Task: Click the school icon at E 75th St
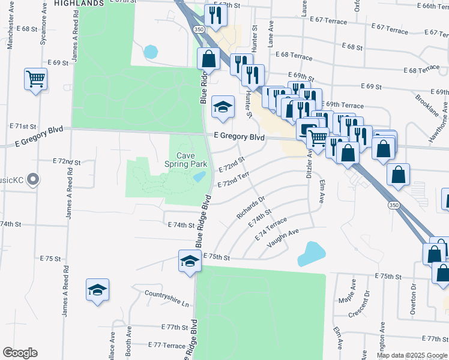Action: click(189, 262)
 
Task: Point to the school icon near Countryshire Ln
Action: click(97, 290)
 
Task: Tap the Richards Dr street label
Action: click(251, 206)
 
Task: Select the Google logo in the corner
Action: click(20, 353)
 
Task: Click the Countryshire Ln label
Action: click(166, 296)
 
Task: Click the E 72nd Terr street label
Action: click(234, 179)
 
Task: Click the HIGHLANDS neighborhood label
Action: click(79, 3)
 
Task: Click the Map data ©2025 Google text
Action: click(412, 355)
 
